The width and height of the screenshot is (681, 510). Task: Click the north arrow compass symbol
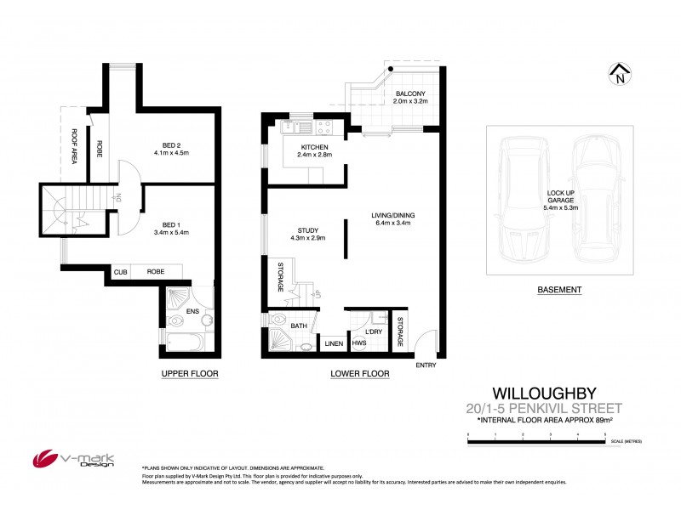pos(620,75)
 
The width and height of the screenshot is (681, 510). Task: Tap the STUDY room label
pos(307,229)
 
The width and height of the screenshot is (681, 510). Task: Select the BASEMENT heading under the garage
pos(559,290)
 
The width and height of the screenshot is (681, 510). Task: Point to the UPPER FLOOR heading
pos(185,374)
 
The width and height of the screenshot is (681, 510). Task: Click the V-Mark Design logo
pos(60,460)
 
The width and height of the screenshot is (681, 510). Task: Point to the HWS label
pos(359,343)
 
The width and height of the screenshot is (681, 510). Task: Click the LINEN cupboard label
pos(332,343)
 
